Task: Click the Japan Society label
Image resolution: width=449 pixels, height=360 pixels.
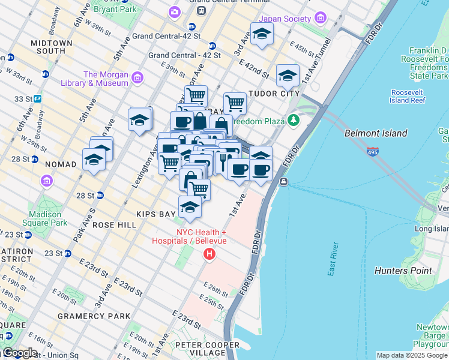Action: pos(285,18)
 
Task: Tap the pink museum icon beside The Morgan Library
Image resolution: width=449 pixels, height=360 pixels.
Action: pos(138,77)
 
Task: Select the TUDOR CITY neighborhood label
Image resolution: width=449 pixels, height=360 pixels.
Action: pos(274,94)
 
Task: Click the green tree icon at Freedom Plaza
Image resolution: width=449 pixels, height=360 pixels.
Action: pos(293,121)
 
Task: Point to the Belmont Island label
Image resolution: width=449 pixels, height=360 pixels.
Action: pos(376,133)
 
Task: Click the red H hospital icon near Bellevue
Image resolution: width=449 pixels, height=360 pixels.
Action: pos(209,254)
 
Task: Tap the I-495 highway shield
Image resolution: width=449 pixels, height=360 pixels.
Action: pos(373,152)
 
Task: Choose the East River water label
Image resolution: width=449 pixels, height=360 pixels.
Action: pos(334,259)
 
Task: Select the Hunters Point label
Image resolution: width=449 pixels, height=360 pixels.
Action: pos(403,271)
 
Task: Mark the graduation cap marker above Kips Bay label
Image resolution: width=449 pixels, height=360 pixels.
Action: pos(190,207)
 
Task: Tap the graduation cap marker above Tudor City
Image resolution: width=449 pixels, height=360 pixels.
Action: pos(288,75)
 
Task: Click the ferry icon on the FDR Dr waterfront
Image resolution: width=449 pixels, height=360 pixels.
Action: pos(283,181)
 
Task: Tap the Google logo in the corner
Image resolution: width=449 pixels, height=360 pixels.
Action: pos(19,353)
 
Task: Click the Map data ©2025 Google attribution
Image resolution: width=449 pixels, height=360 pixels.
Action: pos(412,355)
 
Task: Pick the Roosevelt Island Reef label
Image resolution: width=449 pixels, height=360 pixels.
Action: pos(408,96)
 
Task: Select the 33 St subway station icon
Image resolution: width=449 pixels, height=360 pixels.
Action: pos(37,98)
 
